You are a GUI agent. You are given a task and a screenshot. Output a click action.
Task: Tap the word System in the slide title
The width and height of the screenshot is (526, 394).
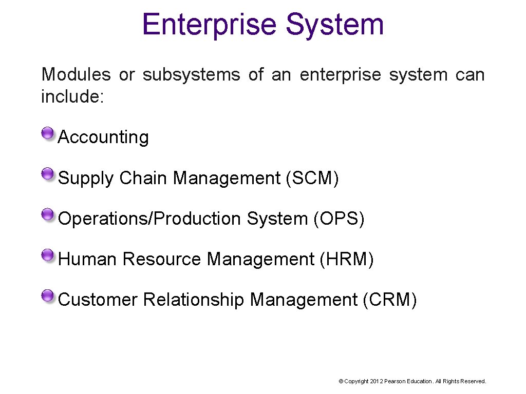[x=334, y=24]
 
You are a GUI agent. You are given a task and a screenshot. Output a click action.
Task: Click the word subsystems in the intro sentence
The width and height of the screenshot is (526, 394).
[x=191, y=75]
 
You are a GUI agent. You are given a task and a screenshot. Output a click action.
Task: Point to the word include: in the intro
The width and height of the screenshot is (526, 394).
[x=72, y=96]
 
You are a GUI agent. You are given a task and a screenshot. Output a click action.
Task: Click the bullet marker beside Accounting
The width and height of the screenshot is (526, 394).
[x=48, y=134]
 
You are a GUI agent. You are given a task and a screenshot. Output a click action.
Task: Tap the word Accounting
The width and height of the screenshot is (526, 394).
[x=104, y=137]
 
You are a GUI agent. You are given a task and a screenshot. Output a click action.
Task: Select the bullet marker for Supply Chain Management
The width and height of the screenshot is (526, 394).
[x=48, y=175]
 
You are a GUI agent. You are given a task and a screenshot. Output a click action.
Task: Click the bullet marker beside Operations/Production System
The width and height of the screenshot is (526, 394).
[x=48, y=215]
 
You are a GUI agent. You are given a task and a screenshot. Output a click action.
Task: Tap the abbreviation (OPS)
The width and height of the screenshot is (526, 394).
[x=339, y=219]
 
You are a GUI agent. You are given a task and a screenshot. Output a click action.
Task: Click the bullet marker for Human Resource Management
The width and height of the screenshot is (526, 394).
[x=48, y=256]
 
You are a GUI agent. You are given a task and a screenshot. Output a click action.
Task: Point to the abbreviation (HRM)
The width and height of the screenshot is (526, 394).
[x=346, y=259]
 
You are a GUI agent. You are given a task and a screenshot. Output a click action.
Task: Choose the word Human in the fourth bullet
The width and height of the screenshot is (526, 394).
[x=88, y=259]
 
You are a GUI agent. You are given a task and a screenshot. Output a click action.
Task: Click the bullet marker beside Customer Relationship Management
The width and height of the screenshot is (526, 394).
[x=48, y=297]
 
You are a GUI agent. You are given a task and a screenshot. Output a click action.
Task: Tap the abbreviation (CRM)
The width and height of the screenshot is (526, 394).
[x=389, y=299]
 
